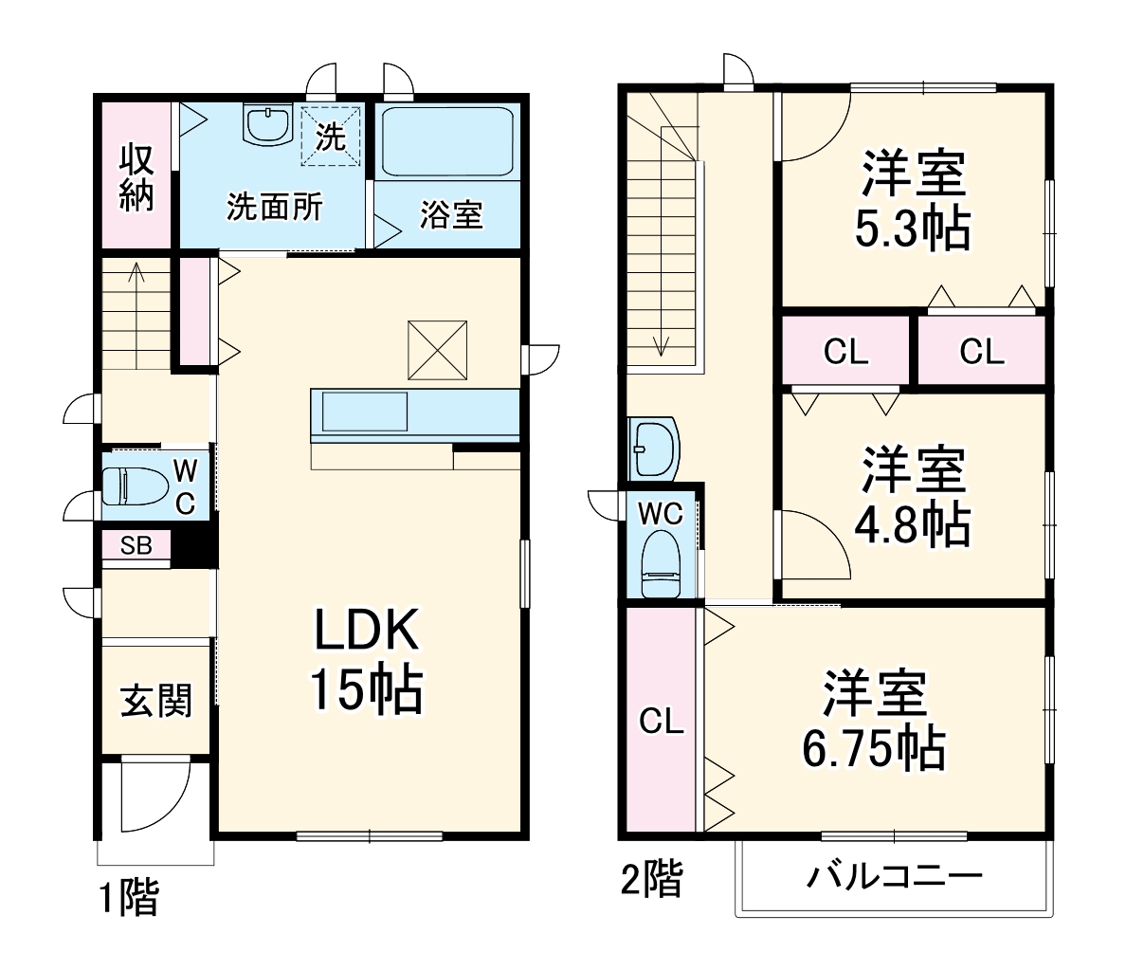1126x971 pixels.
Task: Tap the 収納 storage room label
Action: pyautogui.click(x=136, y=176)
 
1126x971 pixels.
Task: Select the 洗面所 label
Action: pyautogui.click(x=274, y=208)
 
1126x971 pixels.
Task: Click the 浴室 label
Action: pyautogui.click(x=451, y=215)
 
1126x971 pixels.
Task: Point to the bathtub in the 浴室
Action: pyautogui.click(x=447, y=141)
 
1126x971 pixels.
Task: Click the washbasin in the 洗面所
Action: pyautogui.click(x=267, y=124)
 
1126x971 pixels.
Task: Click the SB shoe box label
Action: pyautogui.click(x=136, y=546)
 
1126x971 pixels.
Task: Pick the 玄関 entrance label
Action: pyautogui.click(x=156, y=701)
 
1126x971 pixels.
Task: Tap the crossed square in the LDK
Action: pyautogui.click(x=438, y=350)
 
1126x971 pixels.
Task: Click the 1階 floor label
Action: pyautogui.click(x=130, y=898)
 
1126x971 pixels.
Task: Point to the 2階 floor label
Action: pyautogui.click(x=651, y=880)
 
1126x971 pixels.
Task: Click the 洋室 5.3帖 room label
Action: pyautogui.click(x=913, y=200)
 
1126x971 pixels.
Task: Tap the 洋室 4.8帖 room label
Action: pyautogui.click(x=913, y=497)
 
